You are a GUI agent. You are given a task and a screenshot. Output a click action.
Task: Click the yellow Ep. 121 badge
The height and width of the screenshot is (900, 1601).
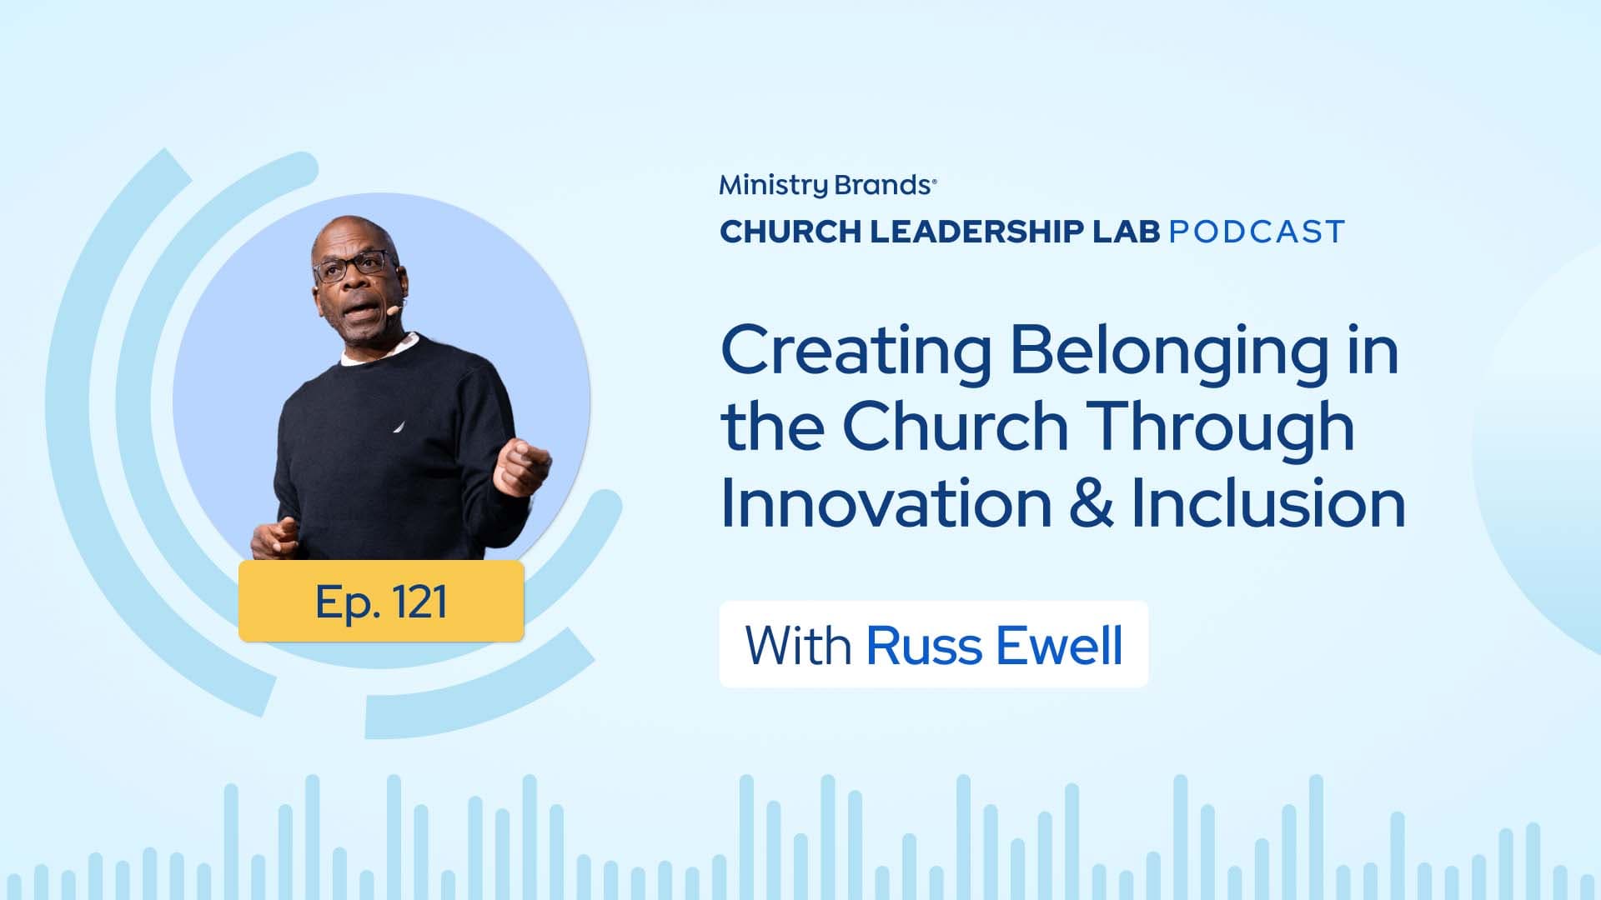pyautogui.click(x=381, y=601)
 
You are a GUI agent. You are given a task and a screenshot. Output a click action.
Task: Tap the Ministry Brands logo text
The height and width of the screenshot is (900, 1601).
pyautogui.click(x=828, y=185)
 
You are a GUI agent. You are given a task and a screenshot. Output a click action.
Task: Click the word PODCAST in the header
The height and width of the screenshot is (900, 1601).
pyautogui.click(x=1257, y=232)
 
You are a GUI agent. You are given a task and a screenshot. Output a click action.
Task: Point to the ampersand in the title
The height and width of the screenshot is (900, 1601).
pyautogui.click(x=1092, y=504)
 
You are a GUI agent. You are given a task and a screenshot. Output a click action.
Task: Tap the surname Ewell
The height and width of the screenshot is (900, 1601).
pyautogui.click(x=1060, y=646)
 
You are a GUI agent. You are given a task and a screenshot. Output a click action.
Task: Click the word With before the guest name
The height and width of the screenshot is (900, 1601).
pyautogui.click(x=798, y=646)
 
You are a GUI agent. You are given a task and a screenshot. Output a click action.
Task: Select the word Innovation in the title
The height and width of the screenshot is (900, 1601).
pyautogui.click(x=886, y=503)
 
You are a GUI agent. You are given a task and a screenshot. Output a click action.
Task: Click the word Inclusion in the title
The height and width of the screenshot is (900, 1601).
pyautogui.click(x=1268, y=503)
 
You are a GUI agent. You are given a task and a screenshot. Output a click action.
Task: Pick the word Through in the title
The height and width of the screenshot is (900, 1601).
pyautogui.click(x=1222, y=428)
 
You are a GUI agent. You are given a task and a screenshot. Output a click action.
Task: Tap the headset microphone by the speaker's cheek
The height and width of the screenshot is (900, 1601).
pyautogui.click(x=393, y=310)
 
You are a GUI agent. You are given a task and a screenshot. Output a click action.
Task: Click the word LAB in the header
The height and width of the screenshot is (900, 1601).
pyautogui.click(x=1126, y=232)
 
